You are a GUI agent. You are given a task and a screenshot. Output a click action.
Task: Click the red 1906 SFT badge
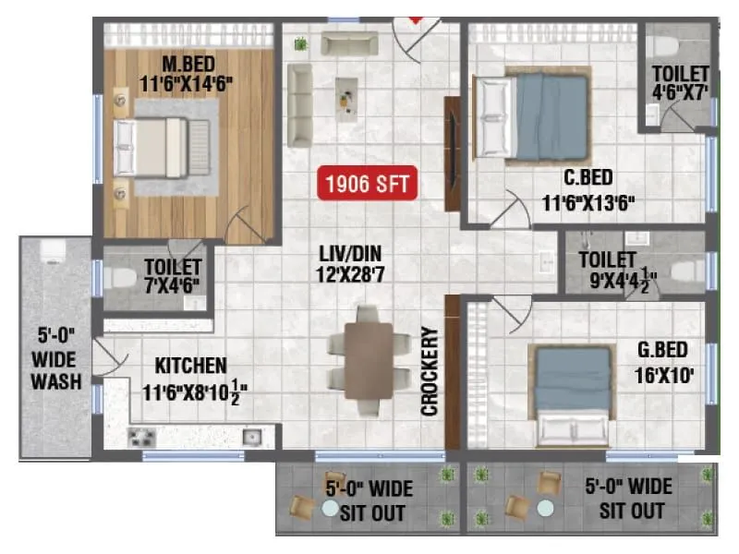tap(367, 183)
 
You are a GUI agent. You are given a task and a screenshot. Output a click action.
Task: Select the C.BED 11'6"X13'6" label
tap(588, 190)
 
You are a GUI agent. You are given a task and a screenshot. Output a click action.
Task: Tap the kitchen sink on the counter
tap(250, 436)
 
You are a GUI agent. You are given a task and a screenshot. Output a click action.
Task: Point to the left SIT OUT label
tap(369, 500)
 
